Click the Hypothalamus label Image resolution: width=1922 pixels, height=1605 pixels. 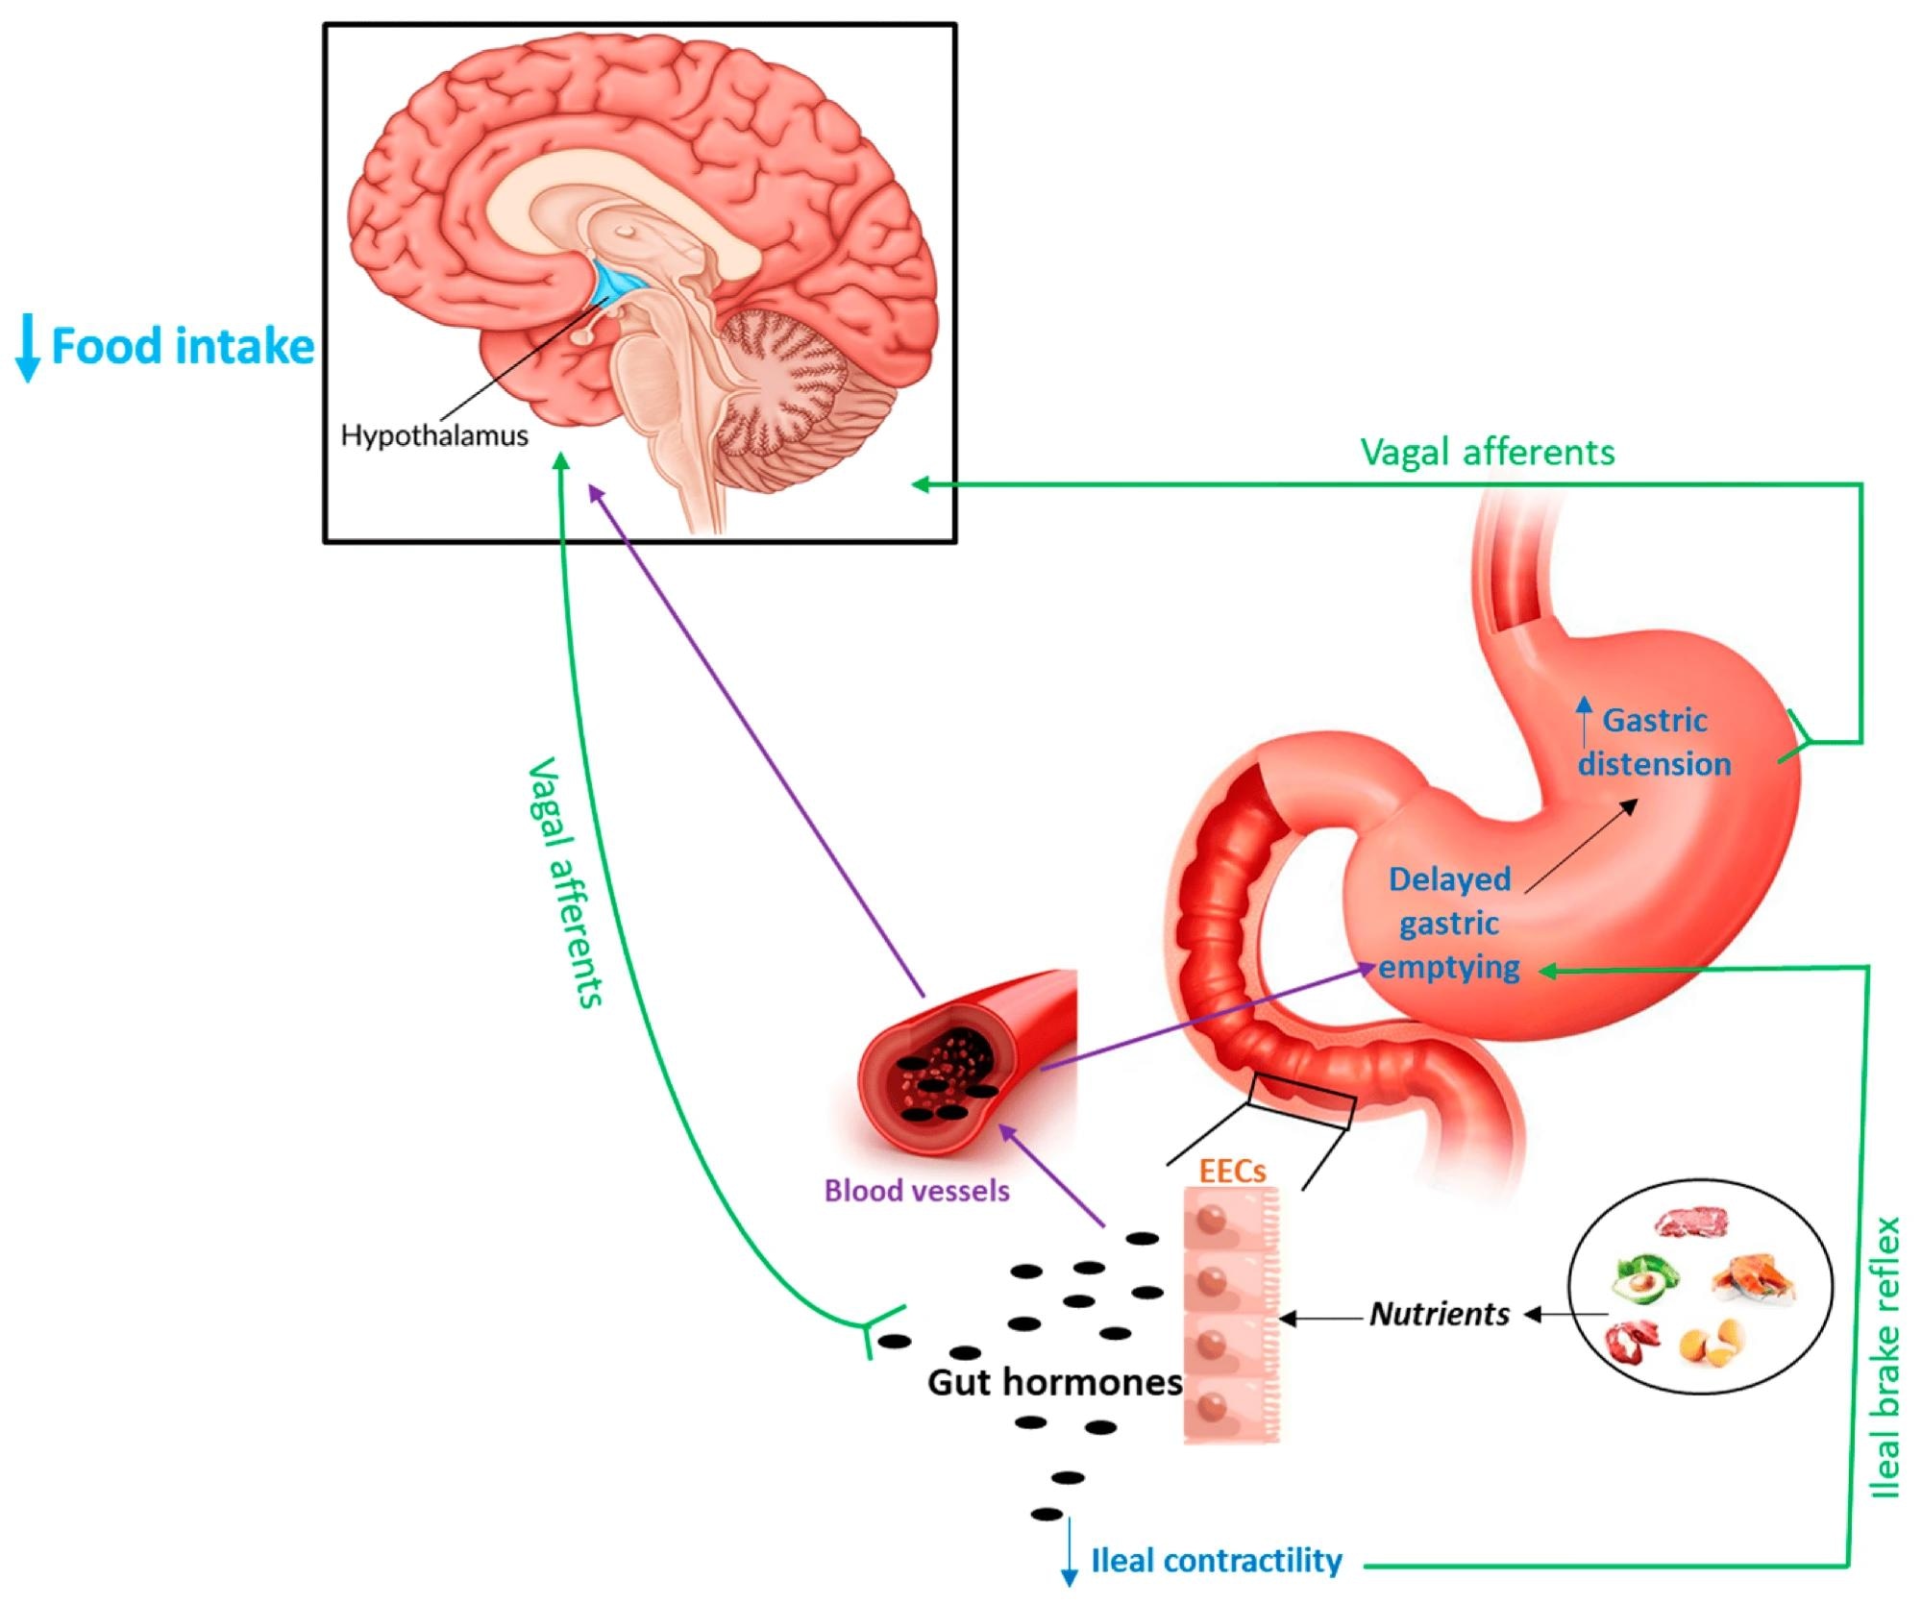coord(434,435)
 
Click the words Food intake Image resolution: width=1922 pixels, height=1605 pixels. coord(183,346)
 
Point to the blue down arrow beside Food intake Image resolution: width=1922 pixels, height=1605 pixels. coord(27,352)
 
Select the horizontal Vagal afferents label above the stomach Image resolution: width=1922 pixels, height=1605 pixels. coord(1488,452)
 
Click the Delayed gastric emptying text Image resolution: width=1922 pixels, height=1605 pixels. coord(1449,923)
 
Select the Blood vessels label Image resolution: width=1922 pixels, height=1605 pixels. coord(917,1191)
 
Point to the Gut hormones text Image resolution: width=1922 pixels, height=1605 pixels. coord(1054,1382)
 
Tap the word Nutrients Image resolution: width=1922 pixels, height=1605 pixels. coord(1440,1314)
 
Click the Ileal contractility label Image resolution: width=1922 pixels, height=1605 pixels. coord(1216,1561)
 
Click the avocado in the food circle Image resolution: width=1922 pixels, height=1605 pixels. coord(1645,1276)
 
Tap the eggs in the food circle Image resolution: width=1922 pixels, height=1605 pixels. coord(1711,1343)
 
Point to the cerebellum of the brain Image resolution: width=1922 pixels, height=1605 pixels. coord(778,384)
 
